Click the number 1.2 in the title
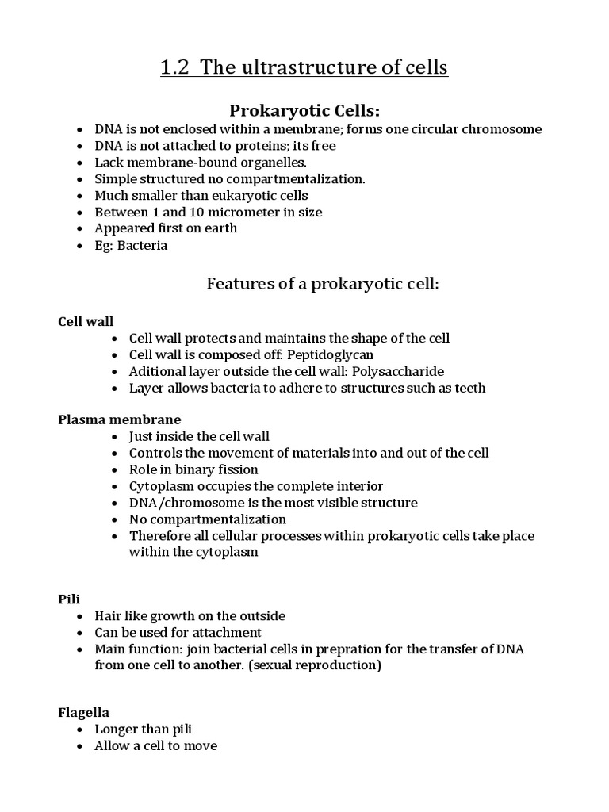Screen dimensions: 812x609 (x=176, y=68)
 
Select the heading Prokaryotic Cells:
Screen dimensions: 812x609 (x=304, y=109)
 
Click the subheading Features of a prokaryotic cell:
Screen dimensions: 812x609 (x=322, y=283)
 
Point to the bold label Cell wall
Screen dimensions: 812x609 (x=86, y=321)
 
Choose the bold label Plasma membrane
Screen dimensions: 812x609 (x=120, y=419)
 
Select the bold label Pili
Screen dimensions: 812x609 (x=68, y=599)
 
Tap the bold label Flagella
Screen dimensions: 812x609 (x=83, y=712)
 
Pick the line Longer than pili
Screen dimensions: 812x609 (x=144, y=729)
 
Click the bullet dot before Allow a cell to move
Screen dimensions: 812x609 (x=80, y=746)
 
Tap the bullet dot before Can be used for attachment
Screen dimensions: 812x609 (x=80, y=633)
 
